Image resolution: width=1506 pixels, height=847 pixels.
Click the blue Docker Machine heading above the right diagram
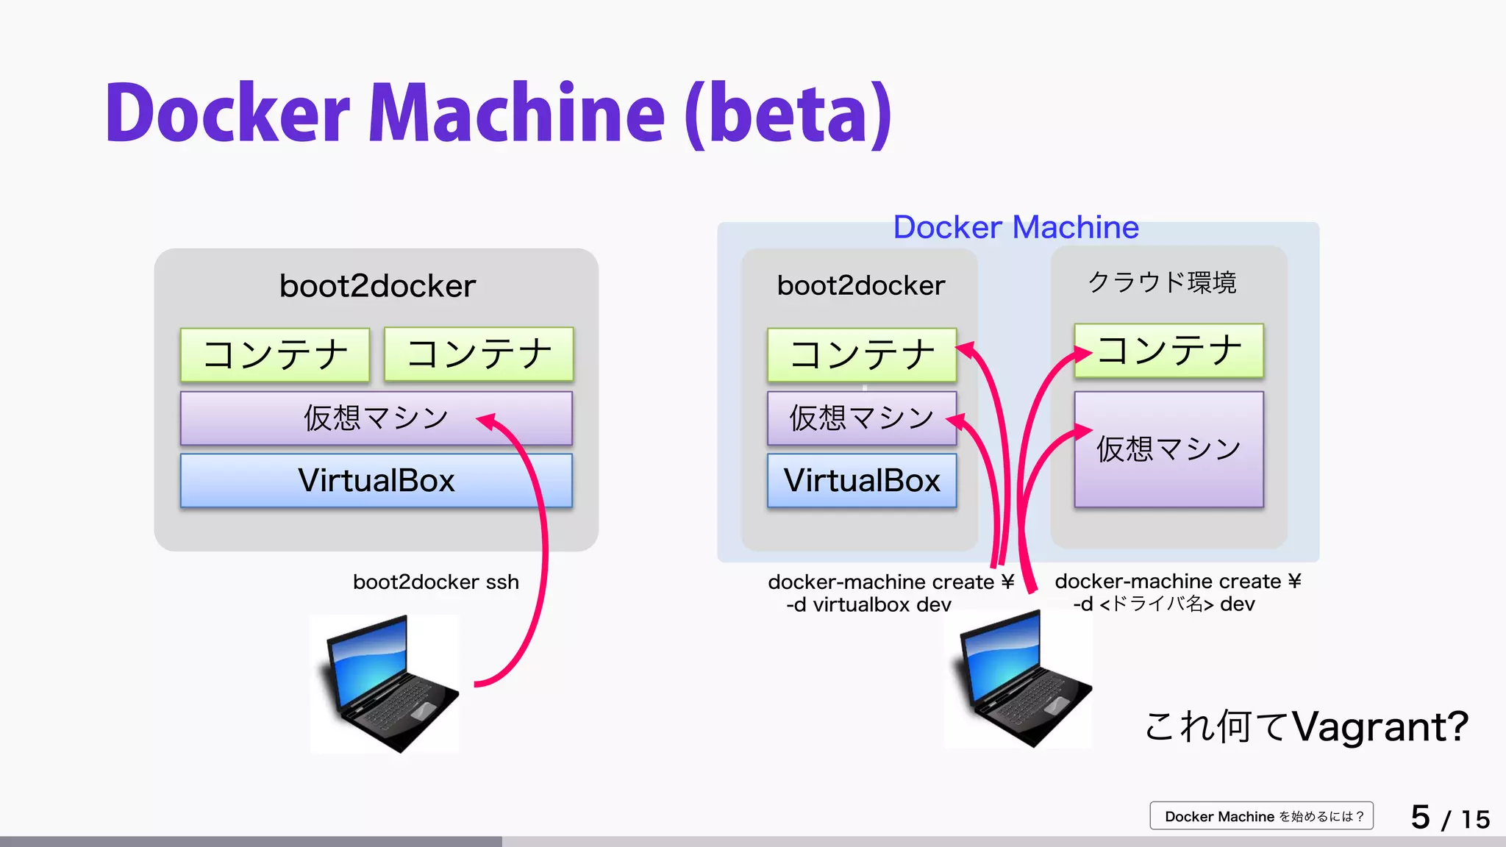pyautogui.click(x=1016, y=227)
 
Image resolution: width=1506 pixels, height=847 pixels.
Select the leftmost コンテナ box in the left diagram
pyautogui.click(x=275, y=354)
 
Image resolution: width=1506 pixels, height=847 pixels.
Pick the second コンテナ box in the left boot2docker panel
pyautogui.click(x=479, y=354)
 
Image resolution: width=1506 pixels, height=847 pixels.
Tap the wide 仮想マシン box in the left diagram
pyautogui.click(x=376, y=418)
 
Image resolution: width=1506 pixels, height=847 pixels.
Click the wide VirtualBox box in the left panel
pyautogui.click(x=376, y=480)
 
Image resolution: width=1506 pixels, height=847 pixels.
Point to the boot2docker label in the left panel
pyautogui.click(x=377, y=285)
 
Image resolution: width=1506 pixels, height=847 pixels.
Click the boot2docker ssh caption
pyautogui.click(x=435, y=582)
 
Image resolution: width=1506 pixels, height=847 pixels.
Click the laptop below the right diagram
pyautogui.click(x=1019, y=679)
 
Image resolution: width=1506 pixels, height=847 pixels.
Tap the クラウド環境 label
pyautogui.click(x=1162, y=282)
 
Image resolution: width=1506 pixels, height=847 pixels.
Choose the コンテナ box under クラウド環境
pyautogui.click(x=1168, y=351)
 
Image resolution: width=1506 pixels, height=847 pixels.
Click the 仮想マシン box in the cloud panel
pyautogui.click(x=1168, y=448)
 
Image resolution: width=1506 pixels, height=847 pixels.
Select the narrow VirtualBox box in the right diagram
pyautogui.click(x=862, y=480)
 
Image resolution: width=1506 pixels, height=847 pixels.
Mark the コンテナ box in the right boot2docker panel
pyautogui.click(x=862, y=354)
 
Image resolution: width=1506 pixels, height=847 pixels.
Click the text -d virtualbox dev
pyautogui.click(x=868, y=604)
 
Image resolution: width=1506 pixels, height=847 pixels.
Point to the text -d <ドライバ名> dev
pyautogui.click(x=1163, y=604)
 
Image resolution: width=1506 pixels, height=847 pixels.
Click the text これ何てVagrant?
pyautogui.click(x=1306, y=726)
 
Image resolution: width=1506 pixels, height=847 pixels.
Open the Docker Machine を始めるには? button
pyautogui.click(x=1262, y=816)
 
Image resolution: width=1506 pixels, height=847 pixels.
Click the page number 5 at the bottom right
pyautogui.click(x=1420, y=817)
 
